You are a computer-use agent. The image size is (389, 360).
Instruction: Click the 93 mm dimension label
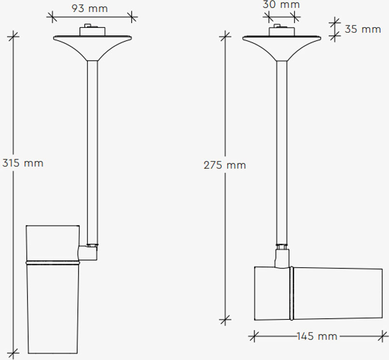tap(89, 8)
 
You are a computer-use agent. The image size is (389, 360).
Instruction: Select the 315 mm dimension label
tap(23, 163)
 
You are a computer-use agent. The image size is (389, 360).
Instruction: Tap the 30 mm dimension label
tap(281, 4)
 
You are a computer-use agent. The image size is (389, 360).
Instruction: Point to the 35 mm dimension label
tap(363, 29)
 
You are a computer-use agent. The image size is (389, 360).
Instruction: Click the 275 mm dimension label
tap(225, 165)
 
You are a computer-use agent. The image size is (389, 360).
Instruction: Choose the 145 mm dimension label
tap(317, 336)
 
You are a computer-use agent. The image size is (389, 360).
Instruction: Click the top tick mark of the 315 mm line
tap(14, 37)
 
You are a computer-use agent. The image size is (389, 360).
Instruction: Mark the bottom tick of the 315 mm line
tap(14, 353)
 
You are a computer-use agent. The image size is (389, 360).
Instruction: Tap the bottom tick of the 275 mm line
tap(225, 320)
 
